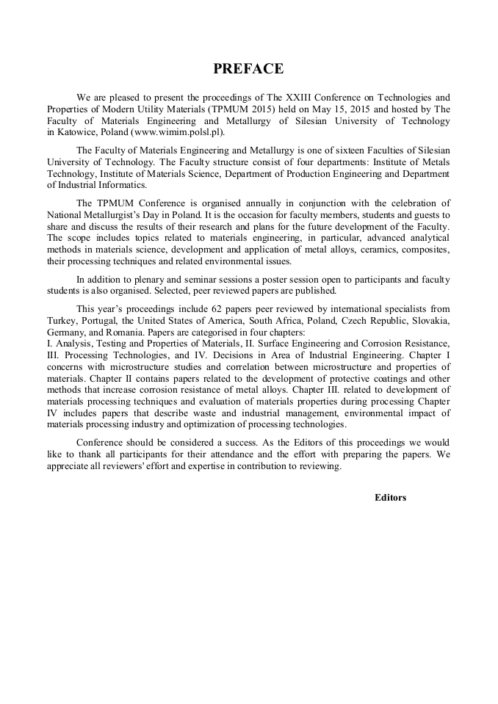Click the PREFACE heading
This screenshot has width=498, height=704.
[x=248, y=69]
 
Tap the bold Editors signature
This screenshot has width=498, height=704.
[x=390, y=497]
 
